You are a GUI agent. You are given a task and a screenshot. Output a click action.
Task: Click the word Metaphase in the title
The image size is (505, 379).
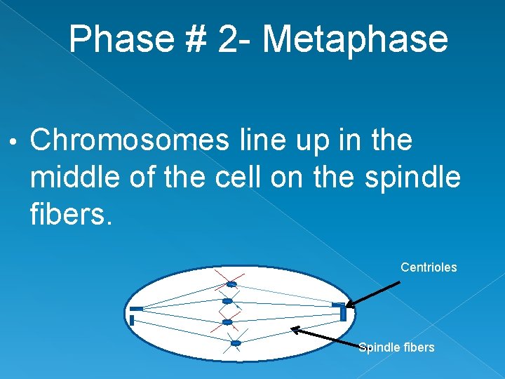(x=355, y=39)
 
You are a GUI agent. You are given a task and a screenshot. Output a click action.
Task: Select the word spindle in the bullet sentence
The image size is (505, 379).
(x=413, y=178)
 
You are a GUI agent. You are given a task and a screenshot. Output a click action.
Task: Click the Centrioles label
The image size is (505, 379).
(x=429, y=267)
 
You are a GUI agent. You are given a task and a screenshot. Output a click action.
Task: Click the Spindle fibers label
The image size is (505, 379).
(x=396, y=347)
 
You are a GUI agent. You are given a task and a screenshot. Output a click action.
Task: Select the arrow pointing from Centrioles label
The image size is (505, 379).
(x=374, y=294)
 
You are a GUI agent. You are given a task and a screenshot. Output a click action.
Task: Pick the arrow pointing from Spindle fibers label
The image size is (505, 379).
(x=327, y=338)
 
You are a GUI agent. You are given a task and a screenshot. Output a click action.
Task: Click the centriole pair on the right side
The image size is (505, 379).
(x=340, y=310)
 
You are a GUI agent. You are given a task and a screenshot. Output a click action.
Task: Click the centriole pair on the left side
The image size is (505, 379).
(x=134, y=314)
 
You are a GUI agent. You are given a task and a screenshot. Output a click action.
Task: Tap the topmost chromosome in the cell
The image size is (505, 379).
(x=231, y=284)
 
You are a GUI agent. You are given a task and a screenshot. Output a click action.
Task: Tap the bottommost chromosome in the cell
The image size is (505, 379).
(x=236, y=343)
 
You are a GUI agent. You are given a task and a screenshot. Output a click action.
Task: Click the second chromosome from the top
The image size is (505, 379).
(x=227, y=301)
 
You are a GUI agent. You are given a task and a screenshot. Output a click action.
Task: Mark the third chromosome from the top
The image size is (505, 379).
(x=227, y=322)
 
